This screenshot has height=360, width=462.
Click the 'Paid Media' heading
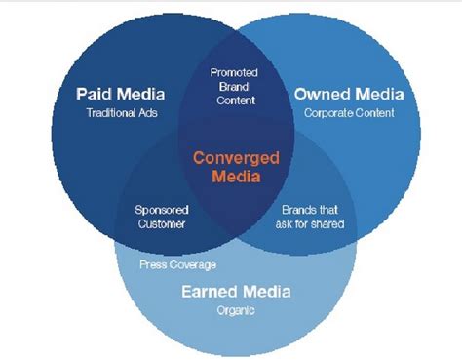[x=120, y=94]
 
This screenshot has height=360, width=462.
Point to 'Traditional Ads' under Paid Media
[x=120, y=113]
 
